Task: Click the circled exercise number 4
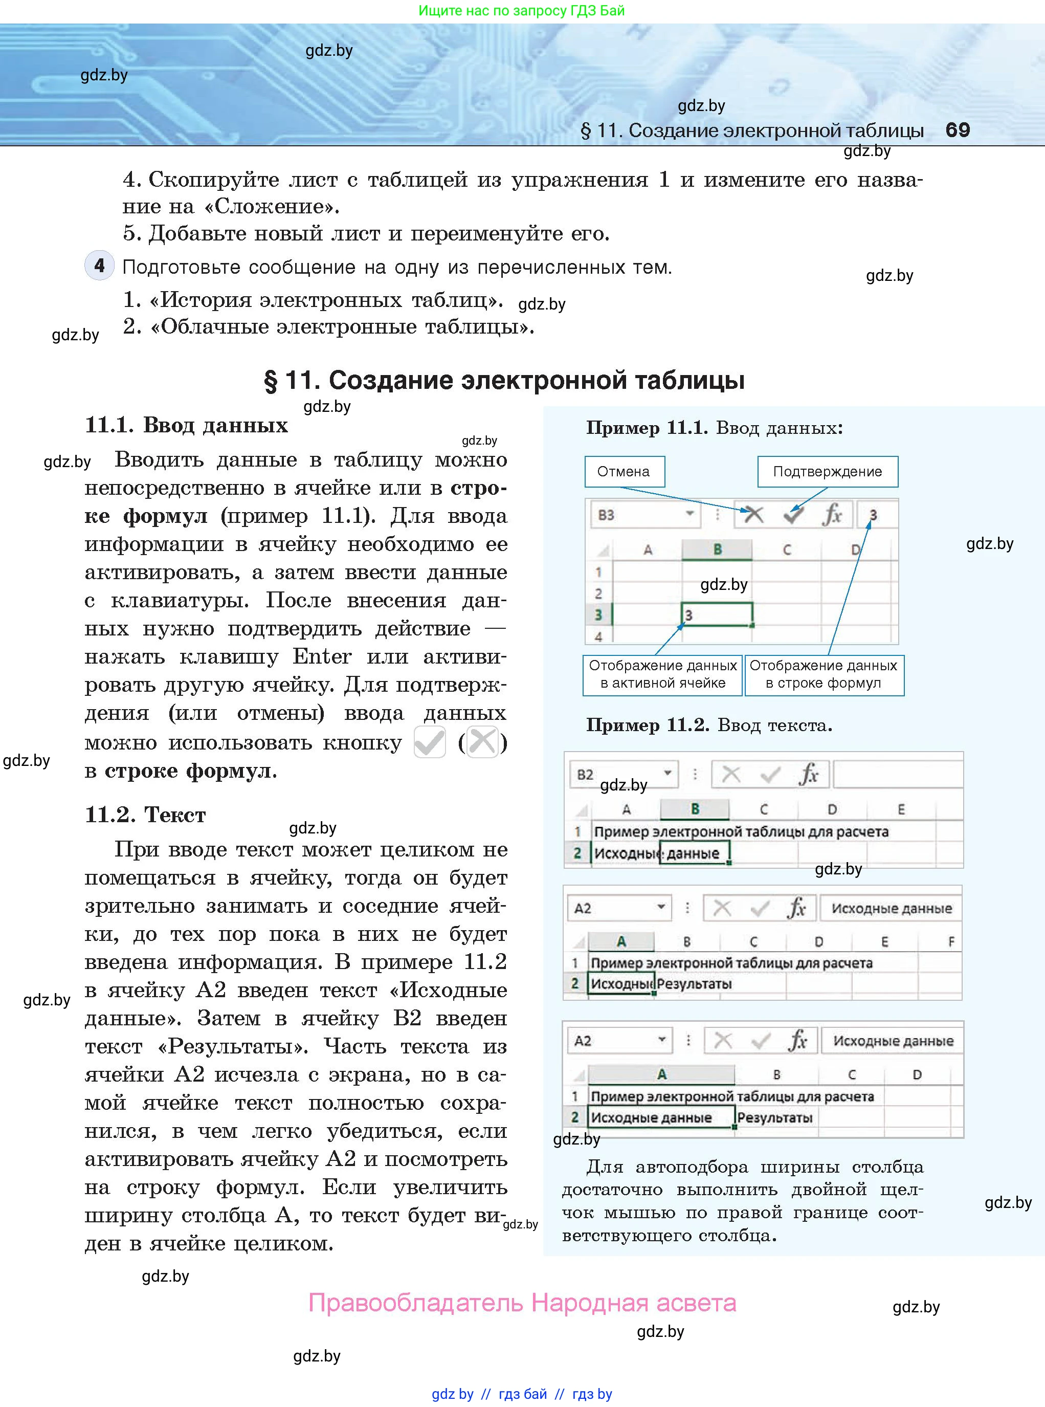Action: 99,265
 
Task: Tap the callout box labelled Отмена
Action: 624,471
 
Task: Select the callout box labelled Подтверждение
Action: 828,471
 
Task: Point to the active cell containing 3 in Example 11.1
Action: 717,614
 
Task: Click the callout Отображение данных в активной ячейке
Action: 662,674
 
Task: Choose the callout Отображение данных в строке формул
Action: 824,674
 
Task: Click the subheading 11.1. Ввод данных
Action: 186,425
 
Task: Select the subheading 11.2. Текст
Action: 145,814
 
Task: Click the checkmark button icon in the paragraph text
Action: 430,742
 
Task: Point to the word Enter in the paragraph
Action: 321,656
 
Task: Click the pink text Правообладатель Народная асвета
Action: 522,1303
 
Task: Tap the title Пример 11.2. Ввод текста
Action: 708,724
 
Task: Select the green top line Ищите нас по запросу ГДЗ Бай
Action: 521,10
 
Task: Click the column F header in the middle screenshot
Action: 951,941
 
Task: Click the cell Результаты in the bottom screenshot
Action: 774,1118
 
